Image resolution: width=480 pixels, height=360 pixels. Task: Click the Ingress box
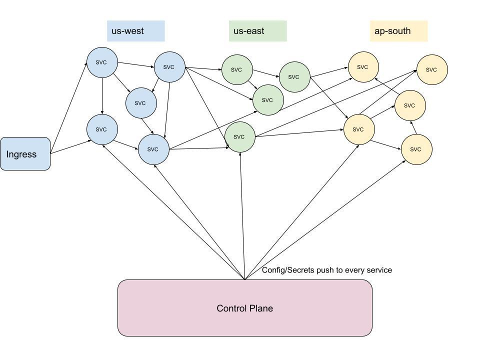[x=25, y=154]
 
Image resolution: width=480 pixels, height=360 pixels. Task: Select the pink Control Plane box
[x=245, y=308]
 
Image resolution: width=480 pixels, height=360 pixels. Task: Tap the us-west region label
[x=135, y=31]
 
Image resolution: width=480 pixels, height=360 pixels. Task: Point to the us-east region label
[x=257, y=31]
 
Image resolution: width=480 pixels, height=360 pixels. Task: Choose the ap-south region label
[x=398, y=31]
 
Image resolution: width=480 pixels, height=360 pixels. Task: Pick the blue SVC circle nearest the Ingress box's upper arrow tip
[x=102, y=62]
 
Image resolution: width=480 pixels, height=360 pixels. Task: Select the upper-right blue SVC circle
[x=169, y=67]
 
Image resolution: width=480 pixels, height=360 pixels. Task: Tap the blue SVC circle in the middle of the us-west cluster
[x=140, y=103]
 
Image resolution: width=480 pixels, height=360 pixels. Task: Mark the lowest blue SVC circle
[x=153, y=149]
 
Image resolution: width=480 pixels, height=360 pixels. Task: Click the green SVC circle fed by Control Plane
[x=239, y=136]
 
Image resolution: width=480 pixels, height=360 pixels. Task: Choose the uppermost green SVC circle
[x=237, y=69]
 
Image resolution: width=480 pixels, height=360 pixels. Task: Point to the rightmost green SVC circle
[x=294, y=77]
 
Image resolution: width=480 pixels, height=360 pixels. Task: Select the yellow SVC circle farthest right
[x=432, y=69]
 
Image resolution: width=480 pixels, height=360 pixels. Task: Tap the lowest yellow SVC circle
[x=416, y=149]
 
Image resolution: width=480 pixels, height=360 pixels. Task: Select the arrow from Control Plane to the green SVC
[x=243, y=215]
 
